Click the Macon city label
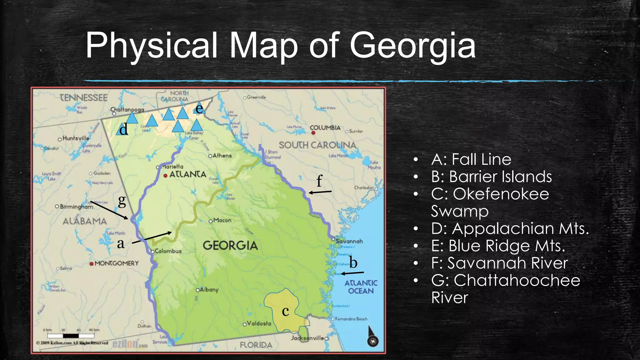222,220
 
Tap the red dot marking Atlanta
166,176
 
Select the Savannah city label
349,241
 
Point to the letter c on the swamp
285,311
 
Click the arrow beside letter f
320,192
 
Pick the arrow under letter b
352,273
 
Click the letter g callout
122,201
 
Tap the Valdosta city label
259,323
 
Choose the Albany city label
209,290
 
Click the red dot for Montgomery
92,264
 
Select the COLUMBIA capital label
325,128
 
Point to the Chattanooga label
127,110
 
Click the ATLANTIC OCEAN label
361,287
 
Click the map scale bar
71,336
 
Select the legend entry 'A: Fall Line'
471,159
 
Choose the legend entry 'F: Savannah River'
499,263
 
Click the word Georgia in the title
412,46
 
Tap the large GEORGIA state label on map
230,245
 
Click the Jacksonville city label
307,338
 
